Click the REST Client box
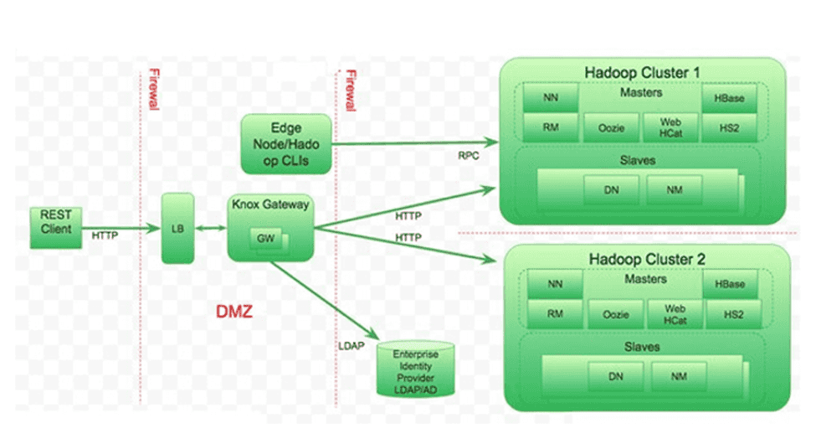coord(56,227)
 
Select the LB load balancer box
coord(177,227)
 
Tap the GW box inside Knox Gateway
coord(265,239)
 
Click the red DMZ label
coord(234,312)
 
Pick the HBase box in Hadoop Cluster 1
coord(729,98)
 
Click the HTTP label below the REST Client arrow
coord(105,236)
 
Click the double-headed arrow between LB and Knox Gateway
coord(211,227)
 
